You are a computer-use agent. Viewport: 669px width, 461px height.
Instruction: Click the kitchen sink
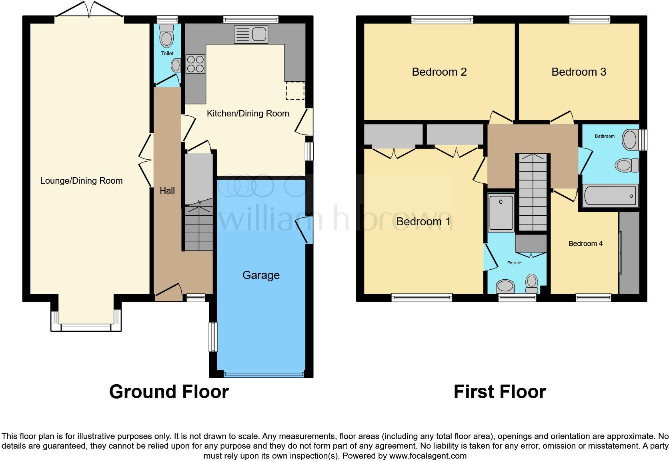(x=251, y=34)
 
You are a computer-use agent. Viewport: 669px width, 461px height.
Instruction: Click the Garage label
(x=261, y=275)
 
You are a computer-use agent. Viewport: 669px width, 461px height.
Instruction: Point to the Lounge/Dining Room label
(x=81, y=181)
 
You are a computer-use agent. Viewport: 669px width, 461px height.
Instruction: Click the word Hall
(x=167, y=191)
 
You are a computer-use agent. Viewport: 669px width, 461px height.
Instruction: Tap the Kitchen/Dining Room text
(x=248, y=114)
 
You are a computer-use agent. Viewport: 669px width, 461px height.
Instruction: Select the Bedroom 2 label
(x=439, y=72)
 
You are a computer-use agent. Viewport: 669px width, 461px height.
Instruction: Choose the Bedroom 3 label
(x=579, y=72)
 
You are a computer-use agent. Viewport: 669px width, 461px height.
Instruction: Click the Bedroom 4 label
(x=585, y=244)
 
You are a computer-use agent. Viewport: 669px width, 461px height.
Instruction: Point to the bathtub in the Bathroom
(x=610, y=196)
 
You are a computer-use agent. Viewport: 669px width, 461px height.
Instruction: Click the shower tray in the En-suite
(x=501, y=213)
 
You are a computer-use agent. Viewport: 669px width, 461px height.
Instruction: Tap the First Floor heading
(x=499, y=392)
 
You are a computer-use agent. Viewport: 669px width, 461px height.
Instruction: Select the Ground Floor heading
(x=169, y=392)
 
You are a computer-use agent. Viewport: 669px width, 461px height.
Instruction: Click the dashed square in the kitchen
(x=295, y=91)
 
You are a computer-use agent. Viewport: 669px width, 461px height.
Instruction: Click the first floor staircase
(x=533, y=192)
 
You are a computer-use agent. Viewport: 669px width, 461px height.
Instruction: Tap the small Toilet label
(x=167, y=53)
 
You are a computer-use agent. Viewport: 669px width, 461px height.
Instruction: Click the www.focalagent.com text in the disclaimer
(x=428, y=456)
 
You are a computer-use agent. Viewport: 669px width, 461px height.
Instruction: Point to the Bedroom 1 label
(x=423, y=222)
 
